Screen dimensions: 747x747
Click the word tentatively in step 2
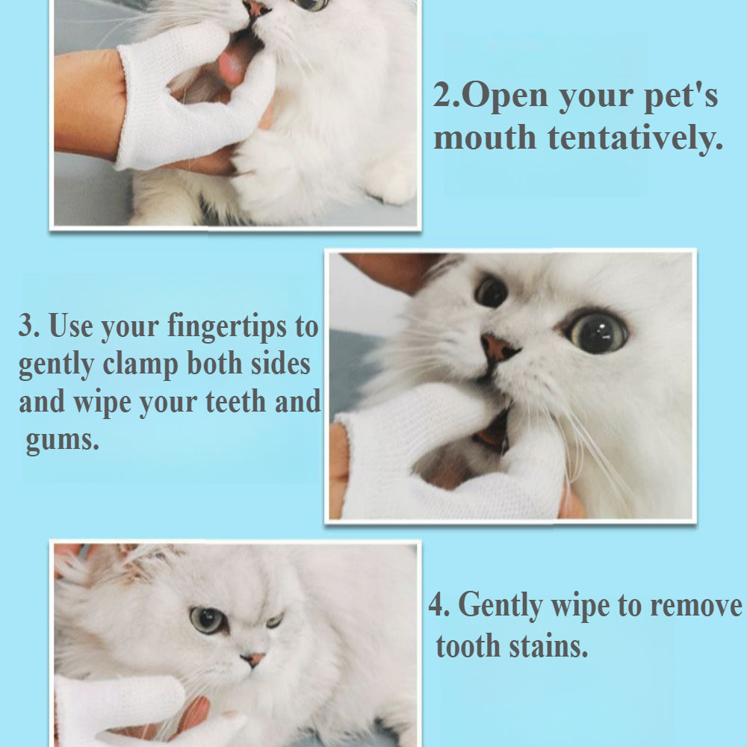(636, 139)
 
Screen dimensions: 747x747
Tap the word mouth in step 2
(485, 137)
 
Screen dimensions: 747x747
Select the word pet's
(681, 96)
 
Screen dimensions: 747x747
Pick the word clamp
(140, 365)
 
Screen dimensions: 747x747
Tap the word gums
(62, 440)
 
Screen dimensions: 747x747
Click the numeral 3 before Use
(28, 326)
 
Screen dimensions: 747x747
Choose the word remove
(696, 607)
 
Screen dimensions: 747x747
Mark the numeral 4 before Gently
(438, 605)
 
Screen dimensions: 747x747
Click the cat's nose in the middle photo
(498, 347)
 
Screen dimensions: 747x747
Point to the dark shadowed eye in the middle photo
(491, 291)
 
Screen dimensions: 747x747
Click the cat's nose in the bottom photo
(253, 659)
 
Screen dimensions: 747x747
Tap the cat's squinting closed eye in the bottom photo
(274, 620)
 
